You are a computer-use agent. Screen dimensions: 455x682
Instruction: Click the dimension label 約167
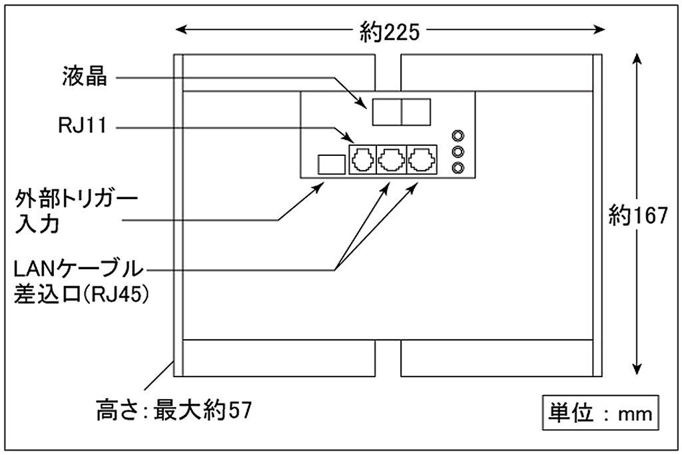[x=637, y=215]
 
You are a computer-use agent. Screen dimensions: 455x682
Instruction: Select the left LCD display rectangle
[x=386, y=111]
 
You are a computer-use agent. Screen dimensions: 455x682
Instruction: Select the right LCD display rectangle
[x=417, y=111]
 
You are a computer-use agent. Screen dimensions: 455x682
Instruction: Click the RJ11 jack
[x=360, y=160]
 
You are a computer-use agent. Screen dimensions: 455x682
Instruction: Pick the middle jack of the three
[x=391, y=160]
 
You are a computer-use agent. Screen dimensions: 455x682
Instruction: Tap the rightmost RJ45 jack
[x=422, y=160]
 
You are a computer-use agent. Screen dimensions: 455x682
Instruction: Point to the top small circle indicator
[x=458, y=136]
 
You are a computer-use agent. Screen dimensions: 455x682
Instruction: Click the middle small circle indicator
[x=458, y=151]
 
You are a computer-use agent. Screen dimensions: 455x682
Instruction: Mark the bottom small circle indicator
[x=458, y=167]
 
